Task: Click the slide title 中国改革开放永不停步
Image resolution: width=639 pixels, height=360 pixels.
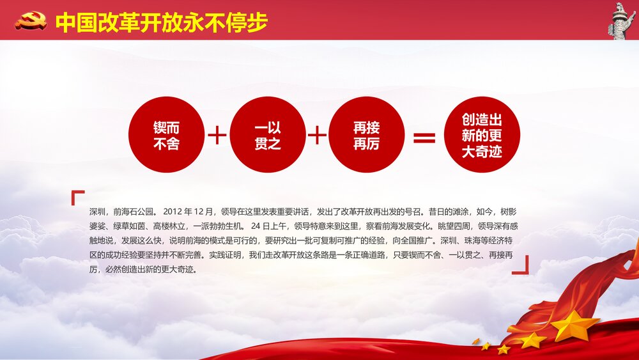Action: (x=161, y=22)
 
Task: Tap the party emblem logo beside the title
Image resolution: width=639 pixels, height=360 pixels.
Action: (x=31, y=22)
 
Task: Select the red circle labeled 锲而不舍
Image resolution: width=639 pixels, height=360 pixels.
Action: (x=166, y=135)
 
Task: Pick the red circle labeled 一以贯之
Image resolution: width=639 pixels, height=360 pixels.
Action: (x=267, y=135)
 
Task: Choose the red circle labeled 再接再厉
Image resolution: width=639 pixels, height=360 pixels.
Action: (x=367, y=135)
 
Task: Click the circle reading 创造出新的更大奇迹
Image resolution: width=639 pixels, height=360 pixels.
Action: (x=482, y=135)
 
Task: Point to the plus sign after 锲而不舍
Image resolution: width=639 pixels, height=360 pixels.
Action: (x=217, y=136)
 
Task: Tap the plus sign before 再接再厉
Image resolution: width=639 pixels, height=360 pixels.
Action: (x=317, y=136)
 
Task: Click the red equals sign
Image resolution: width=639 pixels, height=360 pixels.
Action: (x=424, y=137)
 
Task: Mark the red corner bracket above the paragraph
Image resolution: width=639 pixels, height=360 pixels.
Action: (x=78, y=197)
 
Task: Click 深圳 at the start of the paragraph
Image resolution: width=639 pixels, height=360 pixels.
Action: (x=98, y=211)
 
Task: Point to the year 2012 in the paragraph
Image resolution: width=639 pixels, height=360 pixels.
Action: (x=173, y=211)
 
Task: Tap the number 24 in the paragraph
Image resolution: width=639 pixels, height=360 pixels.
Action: (x=256, y=226)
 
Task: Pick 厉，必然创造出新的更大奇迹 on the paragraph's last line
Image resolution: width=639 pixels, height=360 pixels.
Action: (x=142, y=270)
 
